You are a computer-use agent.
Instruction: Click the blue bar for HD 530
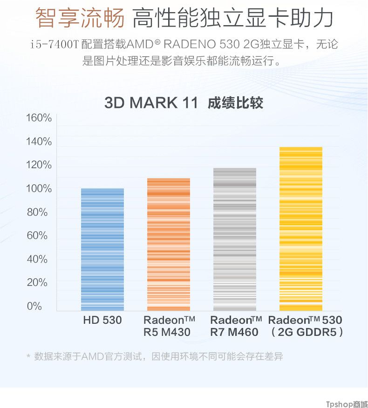point(102,249)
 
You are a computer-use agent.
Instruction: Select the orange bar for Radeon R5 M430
point(169,244)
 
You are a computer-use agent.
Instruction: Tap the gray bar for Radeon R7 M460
point(235,239)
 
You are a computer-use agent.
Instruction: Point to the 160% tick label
point(39,118)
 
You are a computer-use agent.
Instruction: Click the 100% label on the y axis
point(39,188)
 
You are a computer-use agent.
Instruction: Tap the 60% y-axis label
point(37,235)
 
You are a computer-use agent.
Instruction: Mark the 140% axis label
point(39,141)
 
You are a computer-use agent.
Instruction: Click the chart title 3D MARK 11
point(151,103)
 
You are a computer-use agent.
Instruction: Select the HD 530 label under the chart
point(102,320)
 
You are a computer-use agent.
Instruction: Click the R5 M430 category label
point(167,332)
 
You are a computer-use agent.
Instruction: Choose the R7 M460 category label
point(234,332)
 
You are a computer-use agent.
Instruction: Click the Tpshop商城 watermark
point(346,403)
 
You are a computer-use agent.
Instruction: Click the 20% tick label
point(37,282)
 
